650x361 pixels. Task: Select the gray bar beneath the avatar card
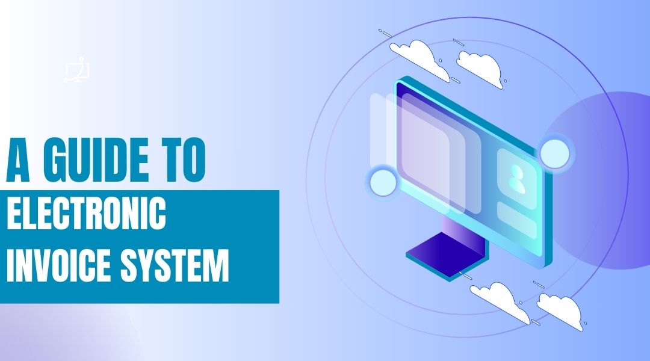(516, 219)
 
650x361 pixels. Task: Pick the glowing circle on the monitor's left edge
(381, 182)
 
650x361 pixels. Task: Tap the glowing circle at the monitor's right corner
(554, 153)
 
